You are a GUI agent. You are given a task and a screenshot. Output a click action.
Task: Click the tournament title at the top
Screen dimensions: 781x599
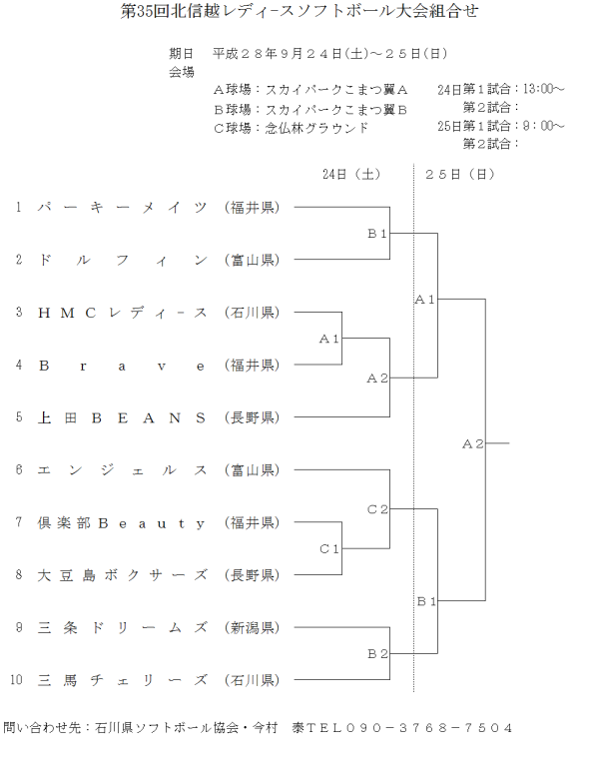299,12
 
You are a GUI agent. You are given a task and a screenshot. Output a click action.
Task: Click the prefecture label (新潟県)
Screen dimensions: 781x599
252,627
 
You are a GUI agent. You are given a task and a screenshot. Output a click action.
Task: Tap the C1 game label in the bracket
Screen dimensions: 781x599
329,549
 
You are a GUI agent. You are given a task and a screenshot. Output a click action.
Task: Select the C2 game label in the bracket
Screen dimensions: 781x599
376,509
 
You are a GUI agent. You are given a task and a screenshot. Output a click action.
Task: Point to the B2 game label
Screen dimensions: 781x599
376,654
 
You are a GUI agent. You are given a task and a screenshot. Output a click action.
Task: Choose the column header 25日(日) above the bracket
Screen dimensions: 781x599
460,174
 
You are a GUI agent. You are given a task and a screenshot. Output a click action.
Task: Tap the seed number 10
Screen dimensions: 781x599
17,680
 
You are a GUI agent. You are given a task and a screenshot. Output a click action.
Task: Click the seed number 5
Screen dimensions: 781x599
18,417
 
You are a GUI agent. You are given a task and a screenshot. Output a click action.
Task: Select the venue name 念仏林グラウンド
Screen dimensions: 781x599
317,127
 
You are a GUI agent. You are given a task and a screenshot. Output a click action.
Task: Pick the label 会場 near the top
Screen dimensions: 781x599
182,72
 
